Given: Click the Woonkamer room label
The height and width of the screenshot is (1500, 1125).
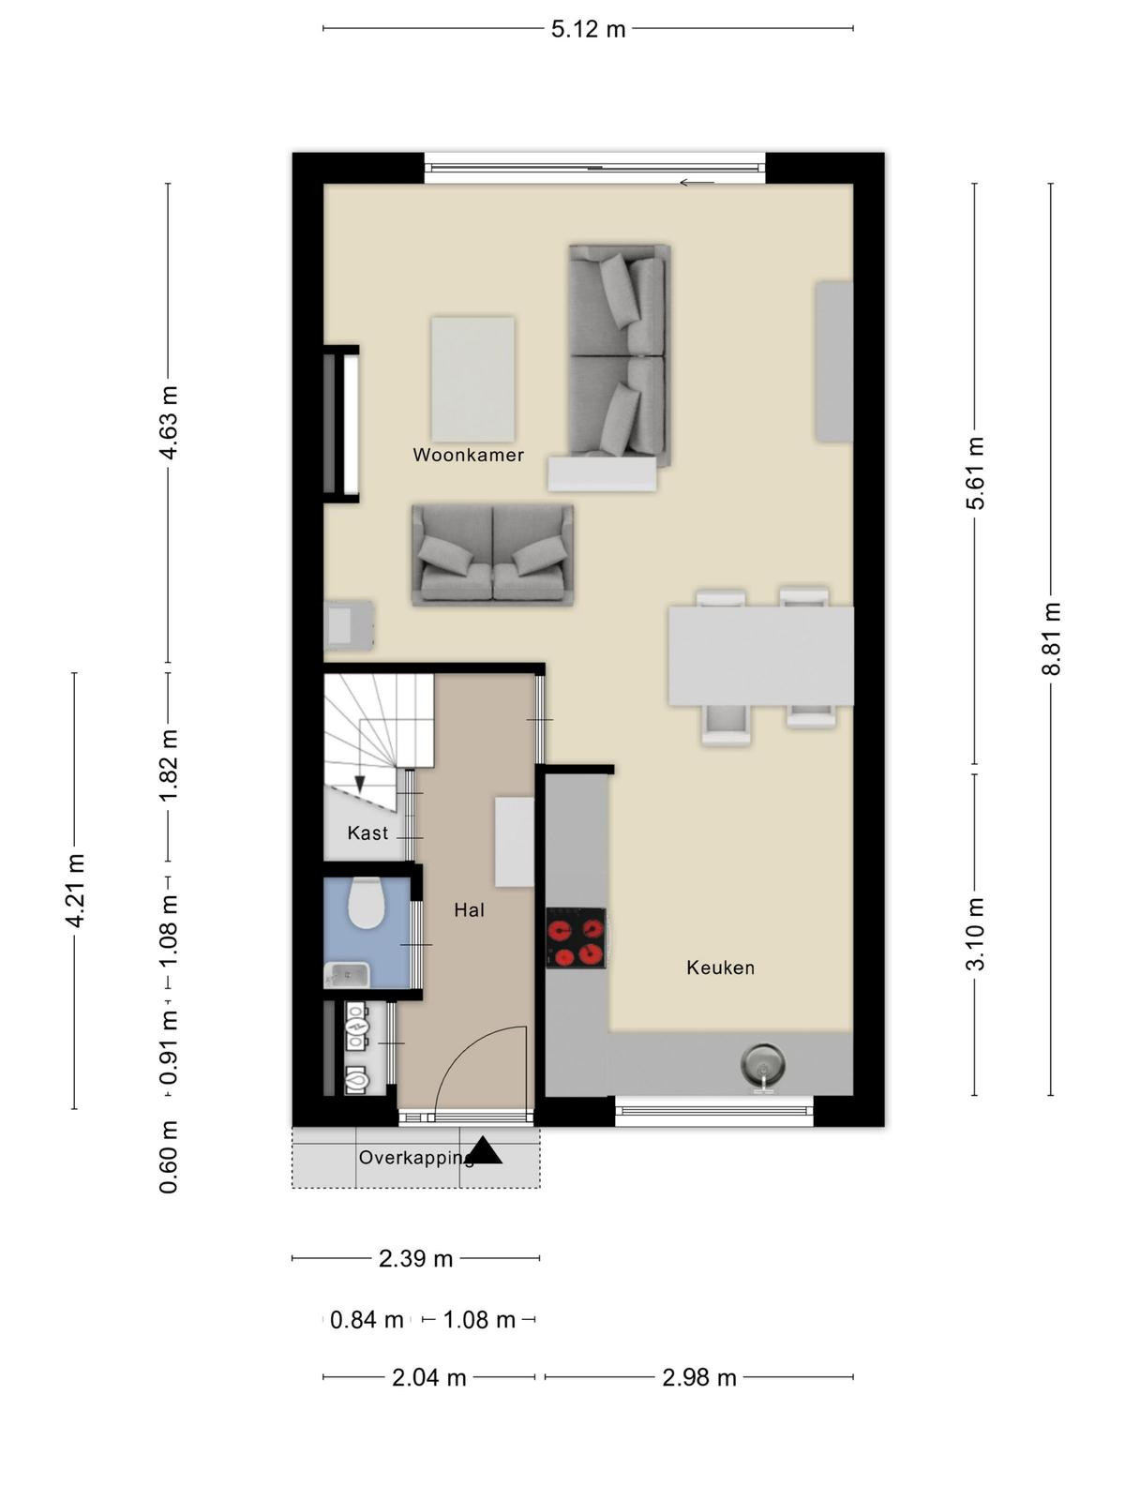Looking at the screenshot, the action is click(468, 455).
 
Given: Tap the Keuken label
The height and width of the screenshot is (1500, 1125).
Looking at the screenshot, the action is click(720, 967).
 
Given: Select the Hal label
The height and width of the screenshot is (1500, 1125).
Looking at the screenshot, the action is click(470, 909).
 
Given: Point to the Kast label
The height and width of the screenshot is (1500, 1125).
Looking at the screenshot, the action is click(367, 832).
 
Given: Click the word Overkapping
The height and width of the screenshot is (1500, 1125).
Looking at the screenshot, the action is click(416, 1158).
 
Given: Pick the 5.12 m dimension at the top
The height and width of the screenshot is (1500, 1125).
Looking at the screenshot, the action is click(588, 29).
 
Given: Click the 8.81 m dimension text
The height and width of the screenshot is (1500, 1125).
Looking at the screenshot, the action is click(1051, 639).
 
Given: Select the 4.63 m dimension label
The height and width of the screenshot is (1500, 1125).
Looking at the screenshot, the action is click(168, 422).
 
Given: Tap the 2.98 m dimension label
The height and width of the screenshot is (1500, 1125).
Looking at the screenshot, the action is click(698, 1378).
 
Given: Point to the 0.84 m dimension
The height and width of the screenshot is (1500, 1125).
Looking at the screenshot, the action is click(367, 1320).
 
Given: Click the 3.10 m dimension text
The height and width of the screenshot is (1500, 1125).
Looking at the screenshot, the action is click(975, 934).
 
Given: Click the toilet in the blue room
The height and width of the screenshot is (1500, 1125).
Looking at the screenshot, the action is click(367, 902).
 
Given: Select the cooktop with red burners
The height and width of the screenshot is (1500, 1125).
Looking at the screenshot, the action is click(576, 937).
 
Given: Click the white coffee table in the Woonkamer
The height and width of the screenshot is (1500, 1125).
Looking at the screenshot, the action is click(472, 380).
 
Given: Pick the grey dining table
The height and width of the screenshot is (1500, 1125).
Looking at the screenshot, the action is click(761, 656).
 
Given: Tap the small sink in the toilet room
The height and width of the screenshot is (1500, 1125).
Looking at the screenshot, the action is click(347, 974).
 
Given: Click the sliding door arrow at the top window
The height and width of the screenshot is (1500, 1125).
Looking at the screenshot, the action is click(697, 183).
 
